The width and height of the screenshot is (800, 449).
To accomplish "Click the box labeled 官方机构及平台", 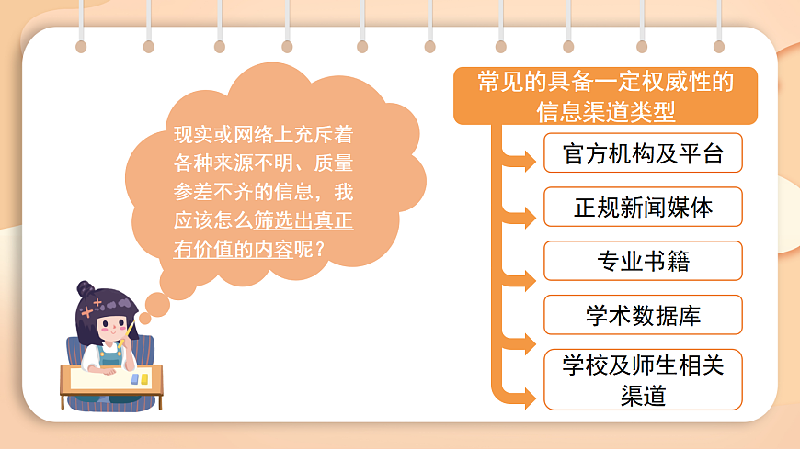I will click(643, 153).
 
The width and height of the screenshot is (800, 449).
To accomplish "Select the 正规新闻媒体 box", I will click(643, 208).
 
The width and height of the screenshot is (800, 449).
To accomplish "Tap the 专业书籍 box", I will click(643, 262).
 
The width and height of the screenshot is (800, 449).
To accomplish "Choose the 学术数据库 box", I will click(643, 315).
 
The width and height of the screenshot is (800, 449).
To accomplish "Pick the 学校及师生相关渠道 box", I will click(643, 379).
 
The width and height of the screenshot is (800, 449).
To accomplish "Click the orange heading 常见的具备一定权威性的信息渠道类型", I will click(605, 95).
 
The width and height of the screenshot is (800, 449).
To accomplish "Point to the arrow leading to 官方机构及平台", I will click(525, 163).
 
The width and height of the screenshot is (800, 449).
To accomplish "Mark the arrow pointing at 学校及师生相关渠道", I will click(525, 398).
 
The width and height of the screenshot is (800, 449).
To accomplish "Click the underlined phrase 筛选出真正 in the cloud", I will click(304, 221).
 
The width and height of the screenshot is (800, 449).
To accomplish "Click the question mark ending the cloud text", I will click(320, 249).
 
